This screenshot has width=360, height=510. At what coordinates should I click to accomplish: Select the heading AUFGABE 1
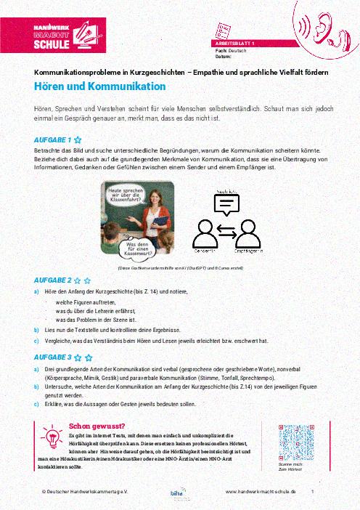pos(52,139)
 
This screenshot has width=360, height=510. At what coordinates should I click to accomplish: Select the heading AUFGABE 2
pos(52,280)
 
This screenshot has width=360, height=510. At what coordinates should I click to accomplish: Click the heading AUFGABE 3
pos(52,357)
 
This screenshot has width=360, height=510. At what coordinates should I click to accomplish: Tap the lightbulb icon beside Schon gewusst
pos(52,438)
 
